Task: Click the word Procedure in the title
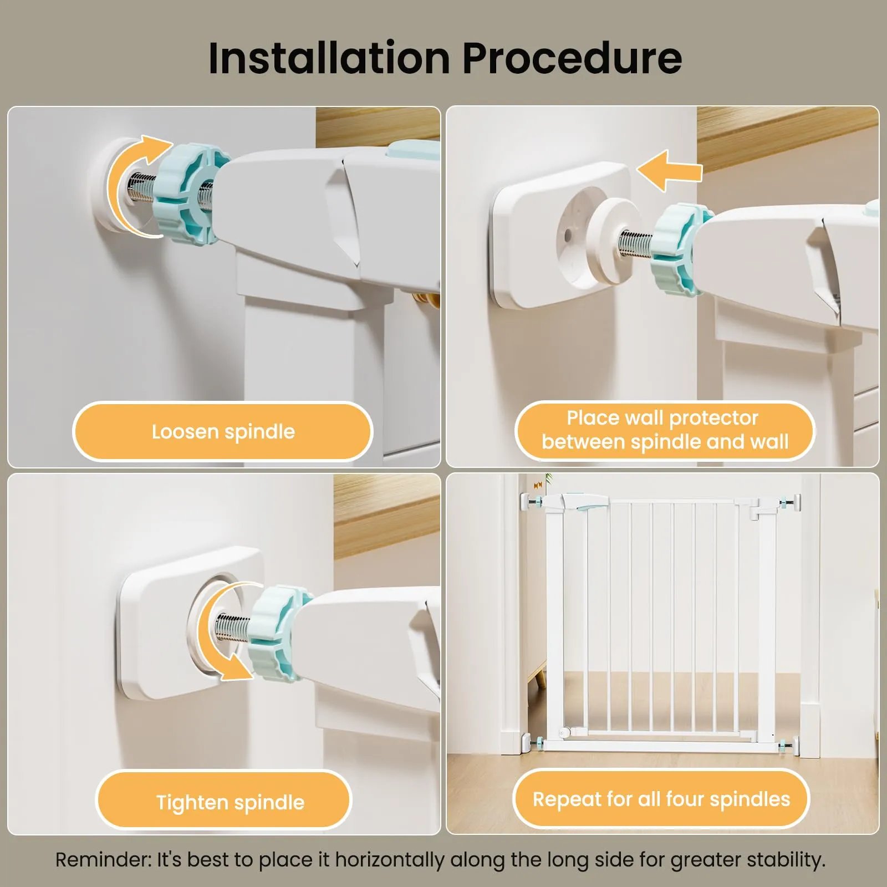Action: tap(572, 58)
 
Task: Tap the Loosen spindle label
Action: tap(223, 432)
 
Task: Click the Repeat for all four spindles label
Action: tap(661, 799)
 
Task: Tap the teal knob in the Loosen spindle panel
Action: tap(187, 192)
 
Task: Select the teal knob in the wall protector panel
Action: tap(680, 249)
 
